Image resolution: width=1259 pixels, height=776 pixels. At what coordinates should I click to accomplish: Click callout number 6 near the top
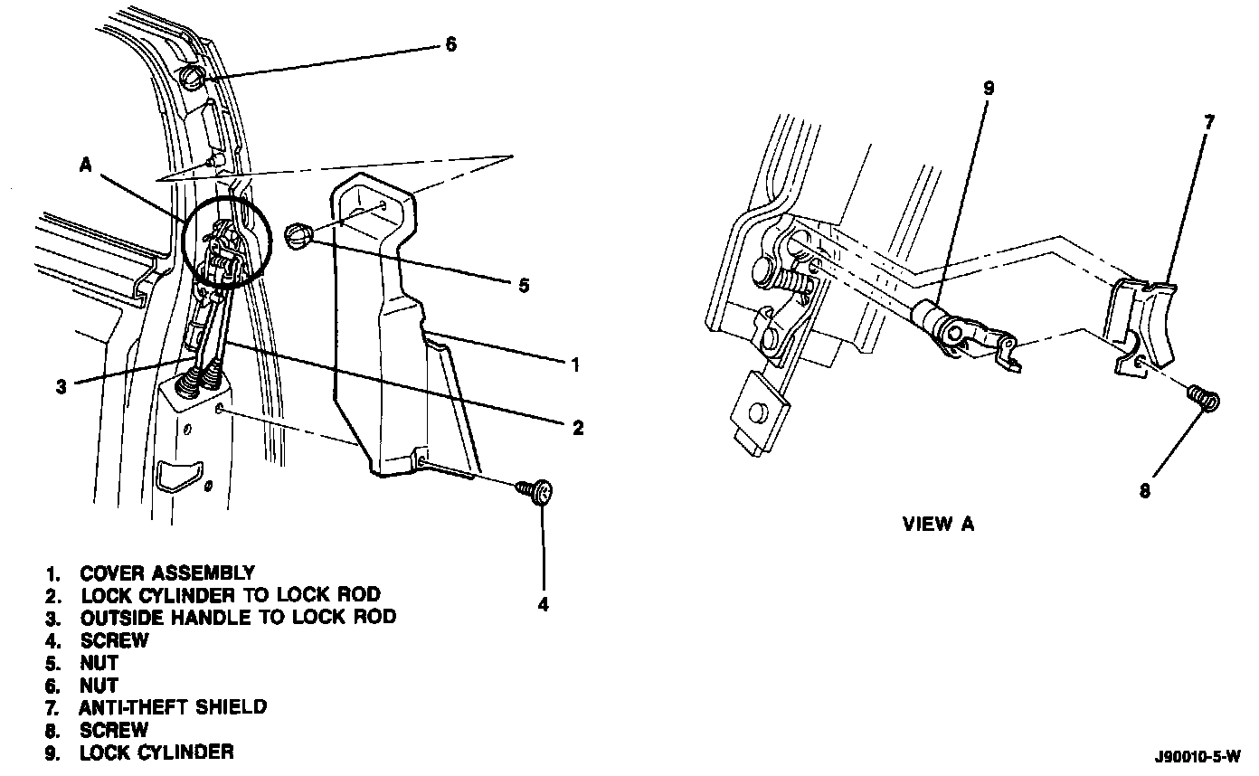coord(451,44)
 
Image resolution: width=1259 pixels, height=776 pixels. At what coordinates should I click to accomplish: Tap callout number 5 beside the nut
coord(523,286)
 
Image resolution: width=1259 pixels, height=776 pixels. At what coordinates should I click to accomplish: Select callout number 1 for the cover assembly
coord(574,364)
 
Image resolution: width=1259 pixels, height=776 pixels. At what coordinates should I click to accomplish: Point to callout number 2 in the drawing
coord(577,428)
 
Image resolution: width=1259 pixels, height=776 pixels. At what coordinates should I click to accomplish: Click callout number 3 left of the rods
coord(61,387)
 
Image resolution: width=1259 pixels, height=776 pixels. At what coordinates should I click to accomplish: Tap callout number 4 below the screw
coord(544,603)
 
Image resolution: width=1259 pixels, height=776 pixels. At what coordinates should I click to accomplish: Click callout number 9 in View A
coord(988,89)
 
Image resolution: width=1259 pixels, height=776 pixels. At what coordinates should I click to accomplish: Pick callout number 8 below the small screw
coord(1145,491)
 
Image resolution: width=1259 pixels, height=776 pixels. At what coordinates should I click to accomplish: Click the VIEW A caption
coord(938,524)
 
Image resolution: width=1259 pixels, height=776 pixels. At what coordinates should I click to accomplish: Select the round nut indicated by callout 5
coord(299,237)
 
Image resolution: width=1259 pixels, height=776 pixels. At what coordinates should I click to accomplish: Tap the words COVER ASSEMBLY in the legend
coord(167,573)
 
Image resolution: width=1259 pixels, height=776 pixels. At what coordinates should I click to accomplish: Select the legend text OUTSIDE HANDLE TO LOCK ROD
coord(238,618)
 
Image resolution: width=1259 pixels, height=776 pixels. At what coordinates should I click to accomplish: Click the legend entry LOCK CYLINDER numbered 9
coord(156,752)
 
